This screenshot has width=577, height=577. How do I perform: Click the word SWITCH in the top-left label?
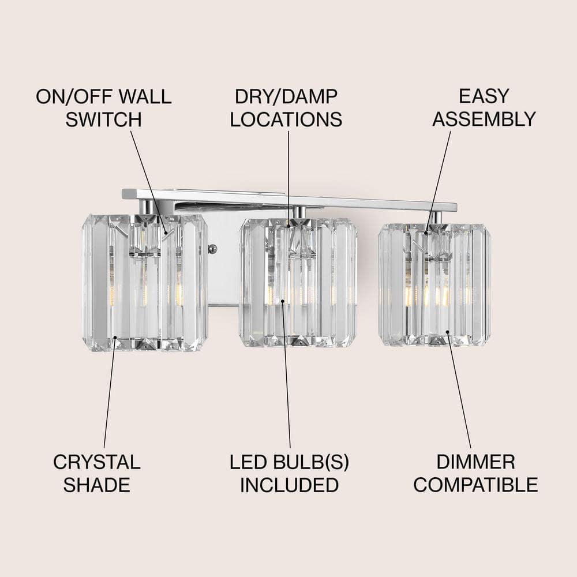(x=103, y=119)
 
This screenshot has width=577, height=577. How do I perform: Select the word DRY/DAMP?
(x=286, y=96)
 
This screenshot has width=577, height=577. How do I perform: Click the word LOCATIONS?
(x=286, y=119)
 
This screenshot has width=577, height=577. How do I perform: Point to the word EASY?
(x=484, y=96)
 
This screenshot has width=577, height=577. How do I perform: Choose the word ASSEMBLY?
(x=484, y=119)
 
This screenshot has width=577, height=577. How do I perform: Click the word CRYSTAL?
(x=96, y=462)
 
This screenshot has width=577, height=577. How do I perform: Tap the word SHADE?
(x=96, y=485)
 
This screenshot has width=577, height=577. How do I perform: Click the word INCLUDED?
(x=289, y=485)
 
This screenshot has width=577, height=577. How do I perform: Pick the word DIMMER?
(x=475, y=462)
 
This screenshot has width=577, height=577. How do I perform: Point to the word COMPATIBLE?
(x=475, y=485)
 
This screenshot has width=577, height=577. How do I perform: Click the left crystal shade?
(x=145, y=283)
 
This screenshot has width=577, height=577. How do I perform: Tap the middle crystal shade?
(x=298, y=283)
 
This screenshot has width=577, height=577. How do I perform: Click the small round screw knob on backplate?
(x=212, y=249)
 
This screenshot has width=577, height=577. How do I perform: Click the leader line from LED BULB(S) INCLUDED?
(x=286, y=375)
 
